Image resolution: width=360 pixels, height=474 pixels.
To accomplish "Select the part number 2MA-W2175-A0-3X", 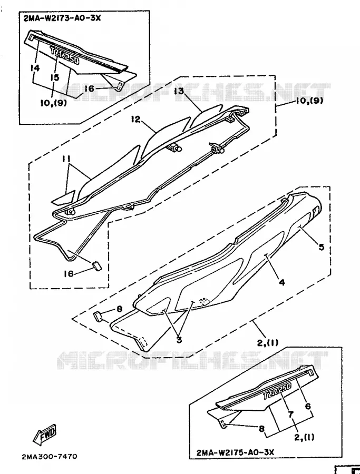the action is [x=235, y=452].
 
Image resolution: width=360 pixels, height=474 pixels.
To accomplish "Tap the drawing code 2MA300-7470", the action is [x=50, y=456].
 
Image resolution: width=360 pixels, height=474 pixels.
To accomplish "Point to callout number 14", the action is [x=35, y=68].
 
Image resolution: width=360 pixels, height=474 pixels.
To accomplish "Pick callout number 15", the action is [x=55, y=77].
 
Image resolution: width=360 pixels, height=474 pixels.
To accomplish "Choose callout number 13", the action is [x=179, y=91].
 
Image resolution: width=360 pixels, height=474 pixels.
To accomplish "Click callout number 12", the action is [x=136, y=120].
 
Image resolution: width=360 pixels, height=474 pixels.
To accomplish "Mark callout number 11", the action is [x=66, y=158].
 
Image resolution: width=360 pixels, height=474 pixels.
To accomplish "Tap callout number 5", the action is [x=321, y=247].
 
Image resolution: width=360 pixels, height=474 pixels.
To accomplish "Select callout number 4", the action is [x=282, y=282].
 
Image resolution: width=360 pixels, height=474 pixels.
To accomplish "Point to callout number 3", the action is [x=179, y=340].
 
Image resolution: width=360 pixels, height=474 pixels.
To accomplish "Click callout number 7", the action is [x=291, y=414].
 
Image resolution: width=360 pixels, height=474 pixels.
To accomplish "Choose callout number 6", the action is [x=308, y=406].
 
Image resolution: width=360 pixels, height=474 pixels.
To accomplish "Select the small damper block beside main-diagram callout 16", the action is [x=96, y=266].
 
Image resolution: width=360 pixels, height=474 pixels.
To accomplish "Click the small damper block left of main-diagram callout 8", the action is [x=98, y=316].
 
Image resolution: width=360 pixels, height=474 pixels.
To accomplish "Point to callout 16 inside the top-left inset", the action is [x=89, y=88].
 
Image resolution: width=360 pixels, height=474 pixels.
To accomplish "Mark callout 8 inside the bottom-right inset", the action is [x=261, y=428].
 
